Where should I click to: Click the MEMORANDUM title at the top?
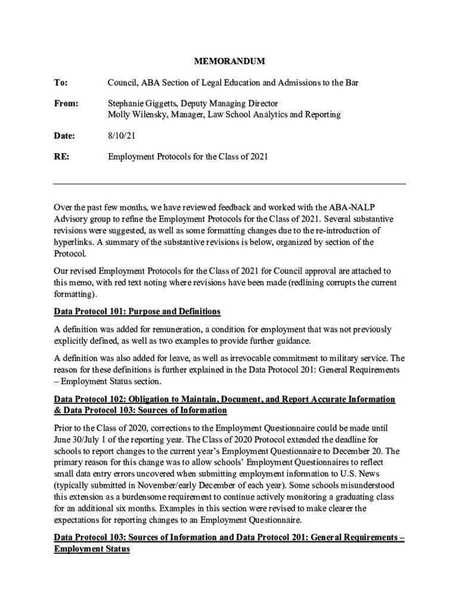pos(229,61)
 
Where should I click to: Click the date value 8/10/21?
pos(121,136)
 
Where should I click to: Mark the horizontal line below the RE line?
pos(229,183)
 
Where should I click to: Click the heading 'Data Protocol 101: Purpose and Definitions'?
pos(137,312)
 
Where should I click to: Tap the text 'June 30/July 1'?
pos(79,440)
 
